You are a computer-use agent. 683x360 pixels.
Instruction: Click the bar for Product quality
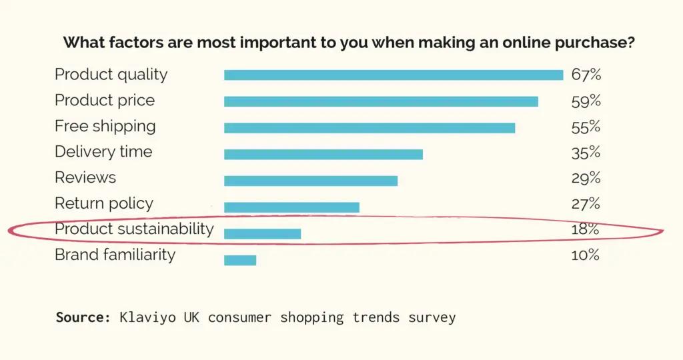point(394,75)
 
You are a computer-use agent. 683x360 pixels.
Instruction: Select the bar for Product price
point(381,101)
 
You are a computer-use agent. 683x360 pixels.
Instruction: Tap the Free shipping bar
point(370,127)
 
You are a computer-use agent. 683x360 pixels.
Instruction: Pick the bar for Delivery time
point(323,154)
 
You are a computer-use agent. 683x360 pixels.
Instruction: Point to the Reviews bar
point(311,180)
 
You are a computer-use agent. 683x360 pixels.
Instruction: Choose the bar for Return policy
point(291,207)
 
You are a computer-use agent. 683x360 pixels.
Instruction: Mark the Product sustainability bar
point(262,233)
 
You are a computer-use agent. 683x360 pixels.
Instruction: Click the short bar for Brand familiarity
point(240,260)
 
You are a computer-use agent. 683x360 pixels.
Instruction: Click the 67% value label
point(586,74)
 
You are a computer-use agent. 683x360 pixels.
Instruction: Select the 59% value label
point(586,101)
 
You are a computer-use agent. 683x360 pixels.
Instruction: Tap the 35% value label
point(586,153)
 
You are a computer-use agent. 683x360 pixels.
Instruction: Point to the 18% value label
point(586,229)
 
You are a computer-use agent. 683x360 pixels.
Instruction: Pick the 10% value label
point(586,255)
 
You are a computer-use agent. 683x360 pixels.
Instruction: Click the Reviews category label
point(85,177)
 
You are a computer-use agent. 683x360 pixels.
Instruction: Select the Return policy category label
point(104,203)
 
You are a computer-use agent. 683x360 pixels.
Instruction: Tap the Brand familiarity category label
point(115,255)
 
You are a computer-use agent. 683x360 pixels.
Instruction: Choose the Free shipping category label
point(105,126)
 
